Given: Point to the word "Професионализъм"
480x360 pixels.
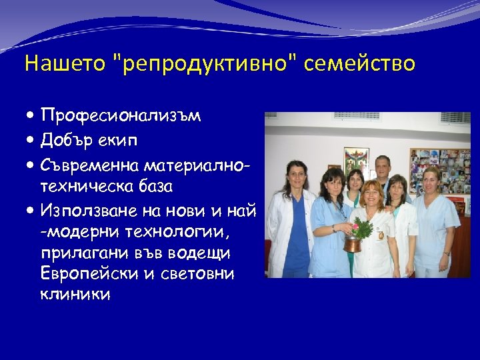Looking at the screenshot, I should pos(121,116).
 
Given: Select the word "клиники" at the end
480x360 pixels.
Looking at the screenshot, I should pos(75,293).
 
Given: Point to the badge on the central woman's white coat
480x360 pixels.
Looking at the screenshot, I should pos(381,234).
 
